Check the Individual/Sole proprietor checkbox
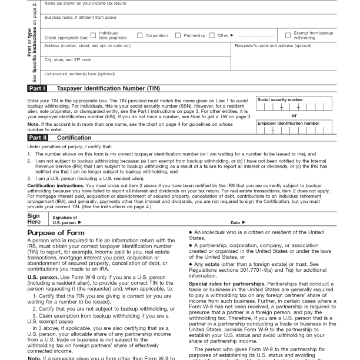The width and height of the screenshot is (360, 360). [94, 35]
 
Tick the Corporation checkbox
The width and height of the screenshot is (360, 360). [140, 35]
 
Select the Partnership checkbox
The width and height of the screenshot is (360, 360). [178, 35]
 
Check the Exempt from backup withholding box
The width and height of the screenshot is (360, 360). [288, 35]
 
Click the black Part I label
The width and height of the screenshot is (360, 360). [37, 88]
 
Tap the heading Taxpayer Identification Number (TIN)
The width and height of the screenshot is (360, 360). [108, 88]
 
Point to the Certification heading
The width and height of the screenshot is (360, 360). [74, 137]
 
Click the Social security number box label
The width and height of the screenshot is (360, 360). [281, 100]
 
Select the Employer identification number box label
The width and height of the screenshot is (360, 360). [288, 124]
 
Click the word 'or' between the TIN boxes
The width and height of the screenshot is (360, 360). [294, 115]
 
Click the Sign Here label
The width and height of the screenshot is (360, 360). [34, 219]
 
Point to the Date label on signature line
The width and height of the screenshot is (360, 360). [235, 222]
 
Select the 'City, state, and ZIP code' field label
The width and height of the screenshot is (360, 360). [68, 59]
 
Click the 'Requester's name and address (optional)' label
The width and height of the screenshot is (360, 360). [273, 45]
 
